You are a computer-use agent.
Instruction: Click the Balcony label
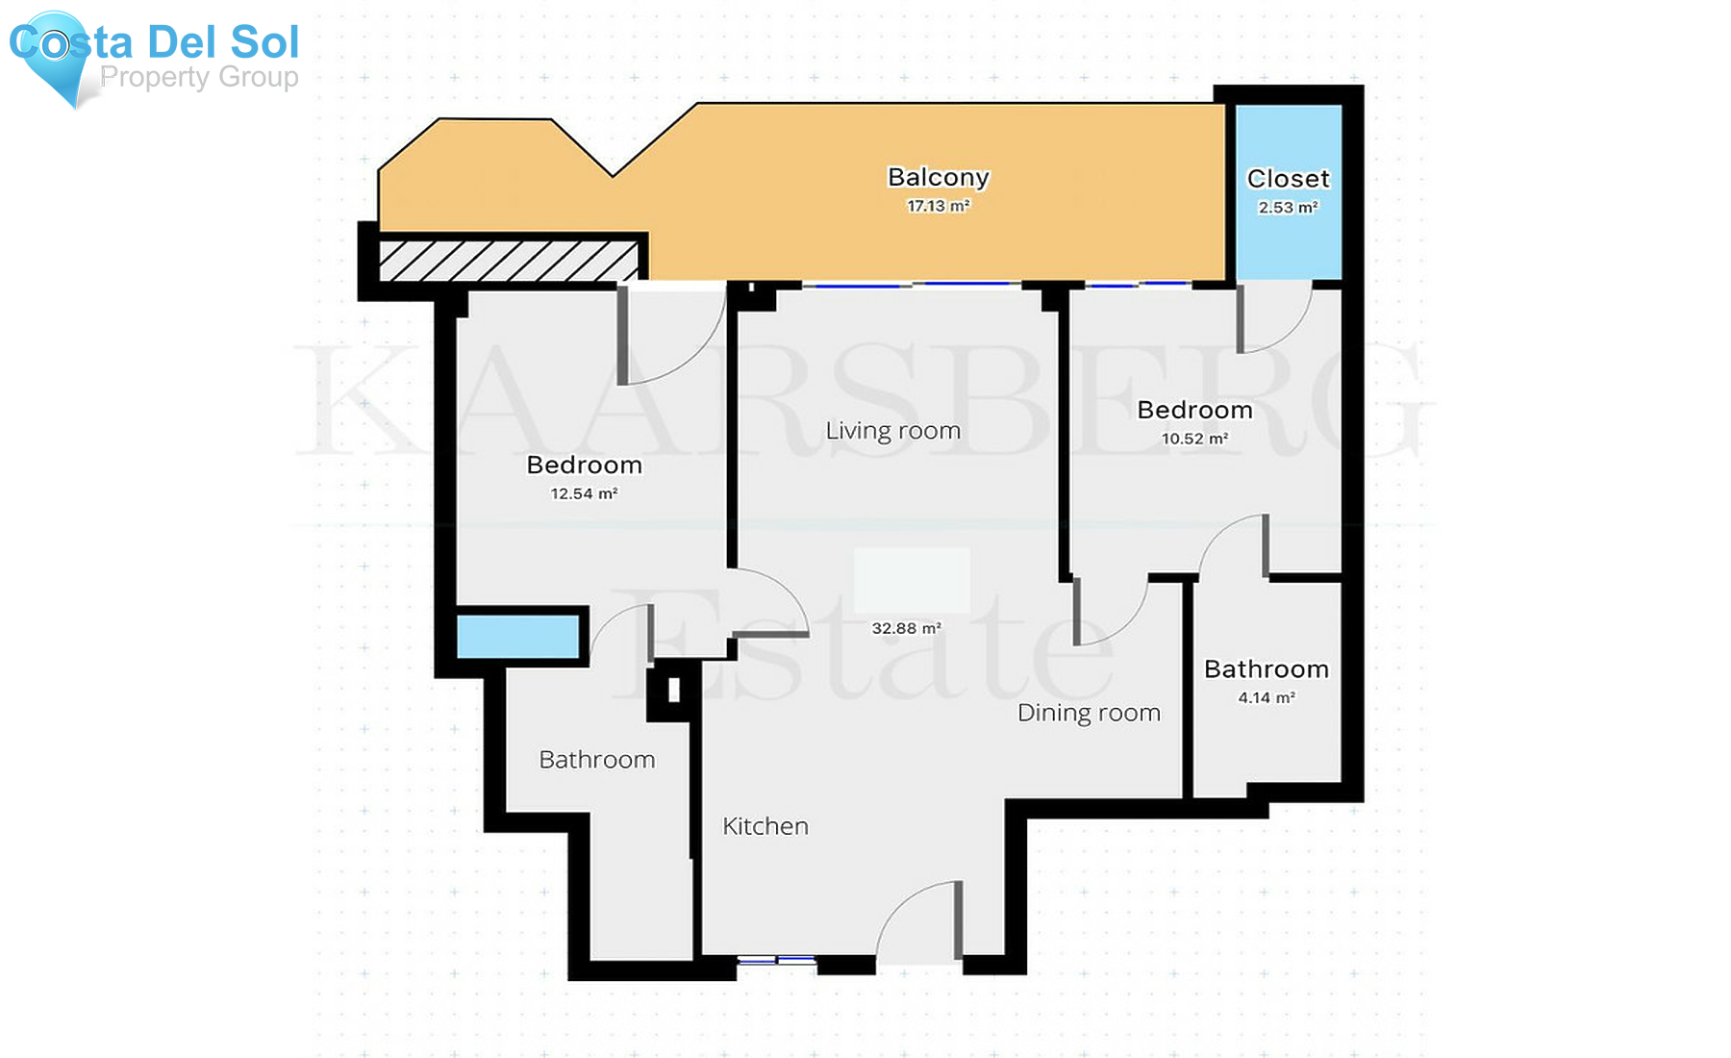pos(938,177)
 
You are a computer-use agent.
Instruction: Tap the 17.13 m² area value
pos(938,206)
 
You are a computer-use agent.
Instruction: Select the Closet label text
pos(1288,179)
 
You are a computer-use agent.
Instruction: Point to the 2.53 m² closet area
pos(1288,208)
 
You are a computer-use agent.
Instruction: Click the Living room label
pos(892,431)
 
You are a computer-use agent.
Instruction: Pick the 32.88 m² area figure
pos(906,629)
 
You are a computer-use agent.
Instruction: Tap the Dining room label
pos(1089,713)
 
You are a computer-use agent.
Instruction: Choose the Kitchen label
pos(765,826)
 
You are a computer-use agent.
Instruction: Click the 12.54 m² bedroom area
pos(584,494)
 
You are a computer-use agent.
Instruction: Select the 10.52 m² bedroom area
pos(1194,439)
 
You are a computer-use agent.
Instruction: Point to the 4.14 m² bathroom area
pos(1266,698)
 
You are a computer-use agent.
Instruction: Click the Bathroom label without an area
pos(596,760)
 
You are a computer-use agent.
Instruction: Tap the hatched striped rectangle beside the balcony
pos(508,261)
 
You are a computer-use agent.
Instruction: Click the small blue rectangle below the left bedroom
pos(517,637)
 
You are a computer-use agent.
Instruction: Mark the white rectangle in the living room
pos(912,580)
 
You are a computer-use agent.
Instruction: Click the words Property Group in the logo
pos(199,77)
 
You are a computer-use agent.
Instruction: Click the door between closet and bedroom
pos(1274,317)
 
